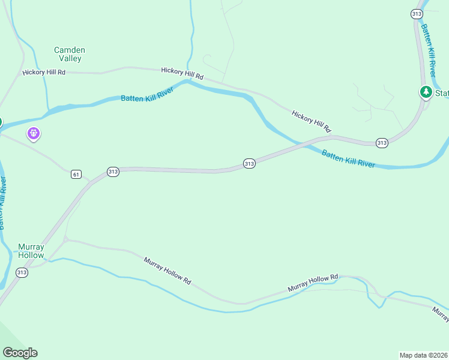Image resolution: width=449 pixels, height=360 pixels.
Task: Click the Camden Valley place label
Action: coord(70,54)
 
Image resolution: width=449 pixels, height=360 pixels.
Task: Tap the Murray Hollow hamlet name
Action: coord(31,251)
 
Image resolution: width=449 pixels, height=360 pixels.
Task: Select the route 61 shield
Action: coord(76,174)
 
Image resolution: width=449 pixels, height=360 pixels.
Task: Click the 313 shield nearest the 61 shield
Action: coord(113,172)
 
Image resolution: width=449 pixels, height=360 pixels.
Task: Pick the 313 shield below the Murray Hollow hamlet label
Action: coord(22,272)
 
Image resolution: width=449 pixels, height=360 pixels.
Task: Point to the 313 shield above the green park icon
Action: coord(416,13)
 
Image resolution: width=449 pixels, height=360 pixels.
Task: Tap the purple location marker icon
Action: coord(34,133)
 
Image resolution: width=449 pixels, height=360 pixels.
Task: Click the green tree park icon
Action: coord(426,92)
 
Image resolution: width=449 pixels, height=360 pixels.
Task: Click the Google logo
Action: coord(20,353)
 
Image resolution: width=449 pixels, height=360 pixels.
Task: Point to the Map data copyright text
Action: coord(423,355)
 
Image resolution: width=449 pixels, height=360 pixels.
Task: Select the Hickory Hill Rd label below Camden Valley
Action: coord(44,72)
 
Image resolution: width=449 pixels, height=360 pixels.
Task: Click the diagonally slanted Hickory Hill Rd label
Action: coord(312,121)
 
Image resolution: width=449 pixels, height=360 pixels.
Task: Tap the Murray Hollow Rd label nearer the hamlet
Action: coord(167,271)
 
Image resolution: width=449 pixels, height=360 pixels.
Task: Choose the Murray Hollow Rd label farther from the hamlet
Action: coord(313,283)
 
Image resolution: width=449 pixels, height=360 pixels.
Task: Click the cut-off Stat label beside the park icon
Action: coord(442,93)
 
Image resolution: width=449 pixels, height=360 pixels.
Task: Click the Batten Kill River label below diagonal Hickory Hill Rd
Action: coord(348,159)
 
